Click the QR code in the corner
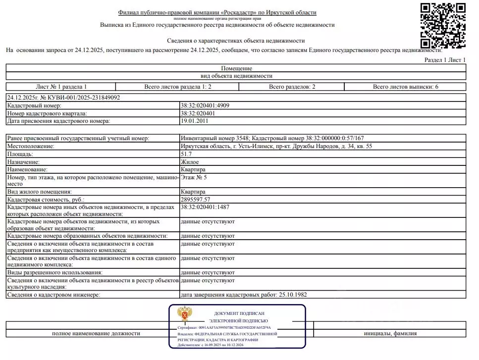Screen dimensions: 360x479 (x=443, y=25)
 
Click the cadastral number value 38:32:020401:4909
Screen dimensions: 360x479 (x=205, y=105)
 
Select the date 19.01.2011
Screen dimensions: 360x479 (x=194, y=120)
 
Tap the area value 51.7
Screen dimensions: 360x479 (x=186, y=154)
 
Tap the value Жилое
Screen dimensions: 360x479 (x=190, y=162)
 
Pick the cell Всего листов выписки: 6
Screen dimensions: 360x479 (x=405, y=87)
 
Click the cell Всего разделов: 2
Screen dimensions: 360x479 (x=292, y=87)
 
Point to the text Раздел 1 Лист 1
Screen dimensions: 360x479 (x=445, y=60)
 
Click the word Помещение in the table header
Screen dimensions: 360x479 (x=236, y=68)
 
